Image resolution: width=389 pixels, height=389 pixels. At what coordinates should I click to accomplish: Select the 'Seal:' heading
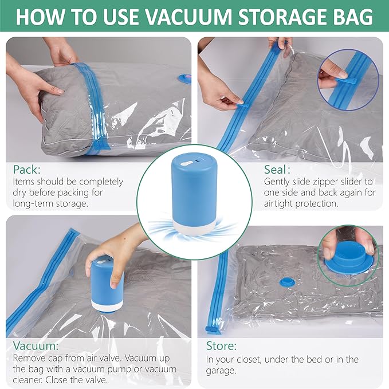[277, 170]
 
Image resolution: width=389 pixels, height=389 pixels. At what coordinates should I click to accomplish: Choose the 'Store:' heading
[221, 346]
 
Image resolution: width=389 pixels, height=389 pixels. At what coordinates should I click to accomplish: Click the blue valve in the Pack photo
[184, 78]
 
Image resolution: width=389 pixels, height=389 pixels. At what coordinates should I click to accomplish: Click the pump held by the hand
[108, 284]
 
